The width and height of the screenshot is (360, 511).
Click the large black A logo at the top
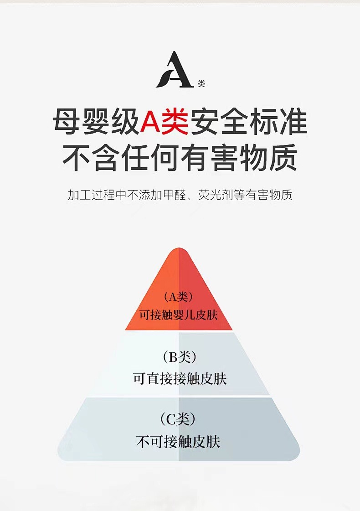175,70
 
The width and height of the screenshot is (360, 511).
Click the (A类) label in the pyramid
178,297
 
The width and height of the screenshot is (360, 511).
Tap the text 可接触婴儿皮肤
179,315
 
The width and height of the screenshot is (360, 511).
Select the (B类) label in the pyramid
179,357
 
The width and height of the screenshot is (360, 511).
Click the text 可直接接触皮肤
180,379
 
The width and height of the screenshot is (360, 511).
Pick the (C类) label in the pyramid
178,418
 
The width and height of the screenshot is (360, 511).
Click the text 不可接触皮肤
178,441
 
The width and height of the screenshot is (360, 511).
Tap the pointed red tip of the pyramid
179,252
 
